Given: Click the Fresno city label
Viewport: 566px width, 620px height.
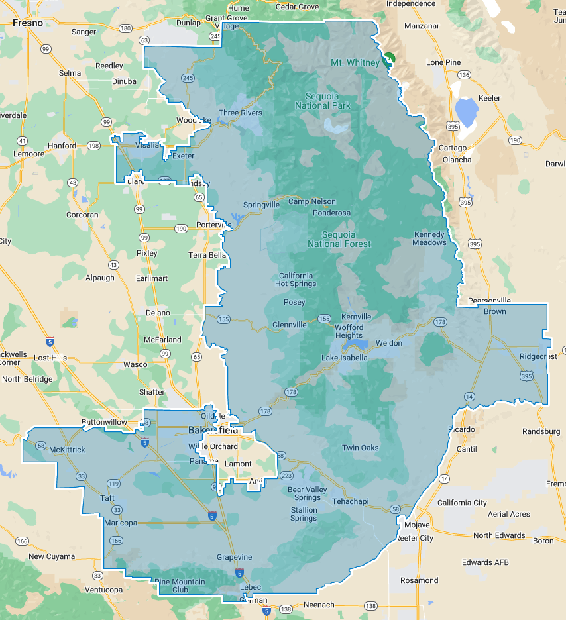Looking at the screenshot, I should (27, 23).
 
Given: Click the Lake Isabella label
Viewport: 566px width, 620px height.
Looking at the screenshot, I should (344, 358).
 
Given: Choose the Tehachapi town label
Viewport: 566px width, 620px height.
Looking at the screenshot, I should (350, 501).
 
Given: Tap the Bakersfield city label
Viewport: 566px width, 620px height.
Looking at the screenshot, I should (213, 431).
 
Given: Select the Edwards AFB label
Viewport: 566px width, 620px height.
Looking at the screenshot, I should (486, 562).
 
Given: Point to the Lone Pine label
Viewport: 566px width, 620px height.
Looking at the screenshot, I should (443, 62).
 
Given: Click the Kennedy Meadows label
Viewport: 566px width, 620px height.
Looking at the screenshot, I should (430, 238).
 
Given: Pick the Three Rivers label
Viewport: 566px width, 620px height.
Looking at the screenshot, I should (241, 113).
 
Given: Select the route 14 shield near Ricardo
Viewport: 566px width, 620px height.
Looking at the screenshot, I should (469, 396).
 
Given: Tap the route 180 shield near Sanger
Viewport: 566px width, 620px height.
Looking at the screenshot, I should (125, 28).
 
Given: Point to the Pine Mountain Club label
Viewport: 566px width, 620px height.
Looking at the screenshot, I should (180, 586).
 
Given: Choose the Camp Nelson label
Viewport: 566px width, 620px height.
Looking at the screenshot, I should (311, 201).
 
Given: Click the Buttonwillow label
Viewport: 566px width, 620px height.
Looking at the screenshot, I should (104, 422).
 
